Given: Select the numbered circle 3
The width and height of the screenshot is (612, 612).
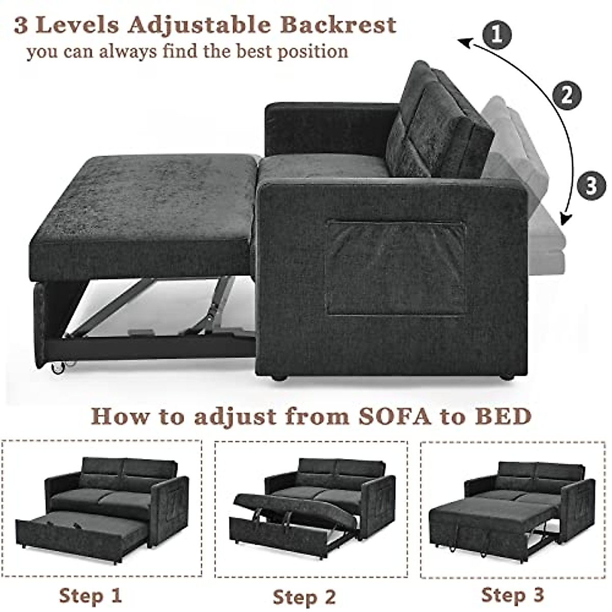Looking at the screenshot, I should point(591,186).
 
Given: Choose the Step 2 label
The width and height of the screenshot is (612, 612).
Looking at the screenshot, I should point(304,596).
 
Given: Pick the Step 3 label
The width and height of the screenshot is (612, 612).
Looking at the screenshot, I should point(513,594).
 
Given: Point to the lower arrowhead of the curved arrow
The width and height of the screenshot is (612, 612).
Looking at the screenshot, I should point(563,219).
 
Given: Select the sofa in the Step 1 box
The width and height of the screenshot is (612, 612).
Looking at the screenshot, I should point(102,510).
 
